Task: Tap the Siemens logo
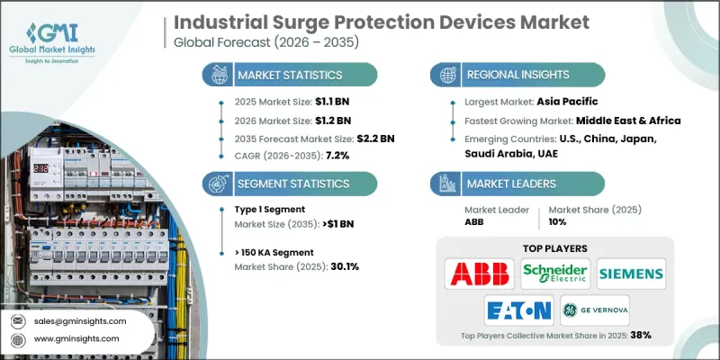tap(630, 273)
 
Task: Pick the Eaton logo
tap(517, 311)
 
